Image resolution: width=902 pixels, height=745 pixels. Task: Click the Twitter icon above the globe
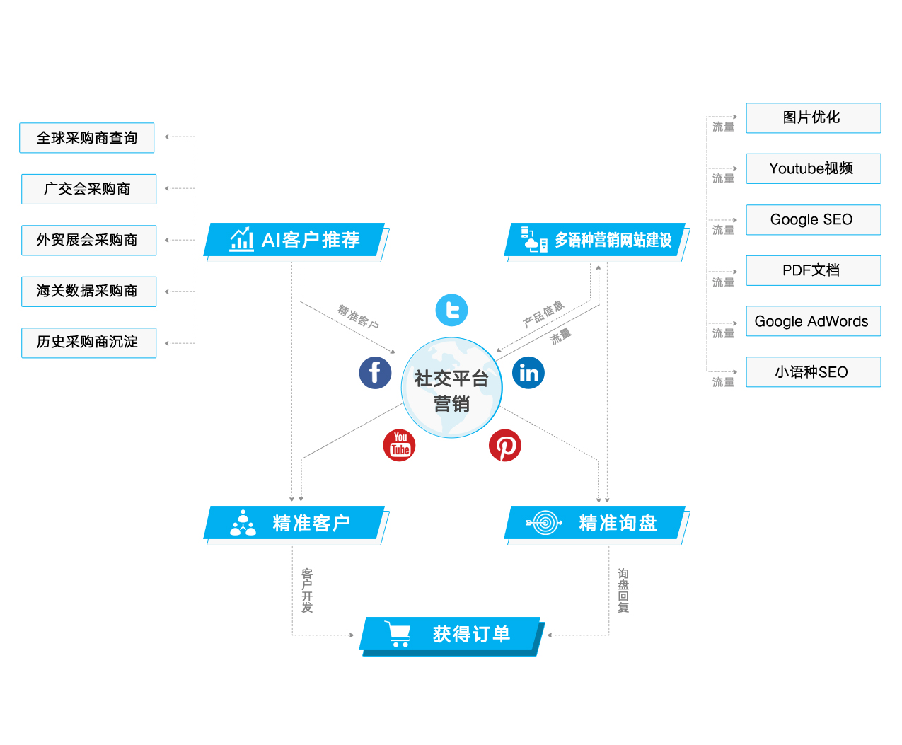coord(452,310)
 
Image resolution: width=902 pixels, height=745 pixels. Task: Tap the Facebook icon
coord(375,372)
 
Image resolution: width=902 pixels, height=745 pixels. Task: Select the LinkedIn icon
coord(528,373)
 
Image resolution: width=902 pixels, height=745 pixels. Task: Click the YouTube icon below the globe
coord(400,445)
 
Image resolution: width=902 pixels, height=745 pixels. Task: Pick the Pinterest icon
coord(505,446)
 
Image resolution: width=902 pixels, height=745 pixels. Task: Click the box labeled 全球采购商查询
coord(87,138)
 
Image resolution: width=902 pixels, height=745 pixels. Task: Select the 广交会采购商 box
coord(88,189)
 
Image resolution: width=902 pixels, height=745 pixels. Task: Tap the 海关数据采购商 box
coord(88,291)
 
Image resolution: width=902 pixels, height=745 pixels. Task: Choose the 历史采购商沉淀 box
coord(88,342)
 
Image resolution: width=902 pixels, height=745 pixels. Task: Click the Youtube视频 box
coord(813,168)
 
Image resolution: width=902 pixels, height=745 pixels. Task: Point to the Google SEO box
coord(813,219)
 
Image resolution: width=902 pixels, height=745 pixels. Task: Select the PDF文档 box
coord(813,270)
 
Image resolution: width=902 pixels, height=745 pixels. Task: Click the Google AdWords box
coord(813,321)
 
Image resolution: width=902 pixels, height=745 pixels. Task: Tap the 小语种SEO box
coord(813,372)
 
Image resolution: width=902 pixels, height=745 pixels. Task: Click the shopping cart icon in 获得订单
coord(398,634)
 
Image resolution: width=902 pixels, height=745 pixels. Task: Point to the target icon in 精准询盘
coord(544,523)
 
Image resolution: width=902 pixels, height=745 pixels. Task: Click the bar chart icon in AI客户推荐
coord(242,239)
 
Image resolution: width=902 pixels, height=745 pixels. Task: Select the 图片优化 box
coord(813,117)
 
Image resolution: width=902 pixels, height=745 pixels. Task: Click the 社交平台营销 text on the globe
coord(451,391)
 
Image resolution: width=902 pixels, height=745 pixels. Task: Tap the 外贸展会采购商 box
coord(88,240)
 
